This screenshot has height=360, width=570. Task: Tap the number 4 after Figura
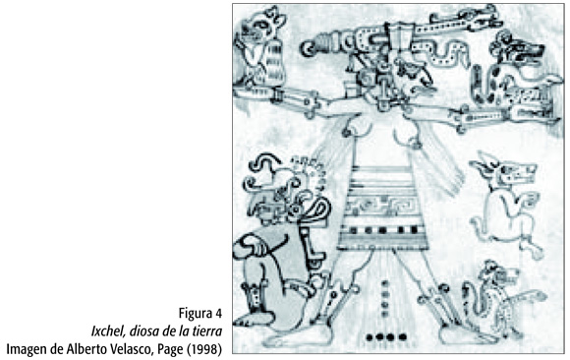218,313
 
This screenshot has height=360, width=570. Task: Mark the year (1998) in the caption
204,349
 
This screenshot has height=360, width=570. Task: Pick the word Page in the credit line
170,350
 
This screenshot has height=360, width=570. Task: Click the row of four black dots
385,337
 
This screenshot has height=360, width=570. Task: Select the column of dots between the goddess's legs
384,298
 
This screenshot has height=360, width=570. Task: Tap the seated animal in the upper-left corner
258,47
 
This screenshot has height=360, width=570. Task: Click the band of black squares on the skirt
382,230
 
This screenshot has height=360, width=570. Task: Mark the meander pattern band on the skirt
382,206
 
